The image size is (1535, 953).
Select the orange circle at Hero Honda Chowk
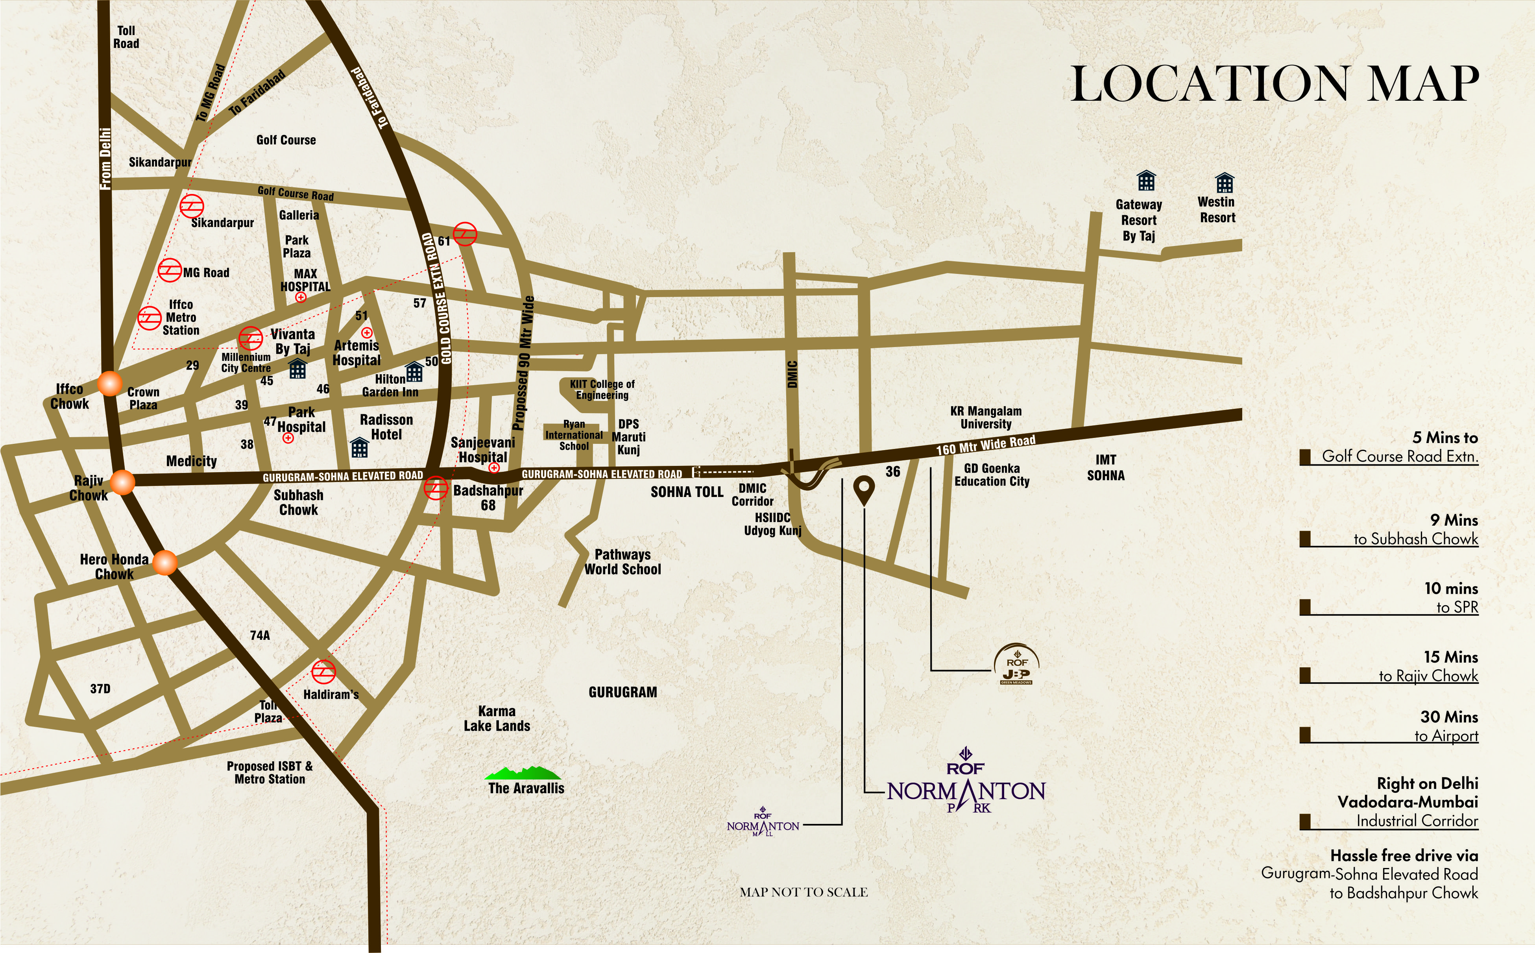pyautogui.click(x=165, y=562)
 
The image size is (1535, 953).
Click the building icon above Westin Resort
pyautogui.click(x=1225, y=183)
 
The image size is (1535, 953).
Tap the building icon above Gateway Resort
pyautogui.click(x=1145, y=181)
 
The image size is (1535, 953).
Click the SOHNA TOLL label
pyautogui.click(x=687, y=491)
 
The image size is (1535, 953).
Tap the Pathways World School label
pyautogui.click(x=622, y=561)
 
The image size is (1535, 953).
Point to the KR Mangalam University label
pyautogui.click(x=986, y=417)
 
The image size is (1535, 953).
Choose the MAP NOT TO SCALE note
pyautogui.click(x=804, y=892)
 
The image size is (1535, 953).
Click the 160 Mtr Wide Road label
pyautogui.click(x=986, y=445)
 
